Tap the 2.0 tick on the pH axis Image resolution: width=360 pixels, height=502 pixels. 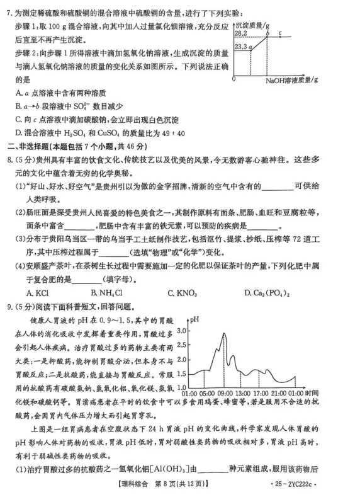click(183, 350)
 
